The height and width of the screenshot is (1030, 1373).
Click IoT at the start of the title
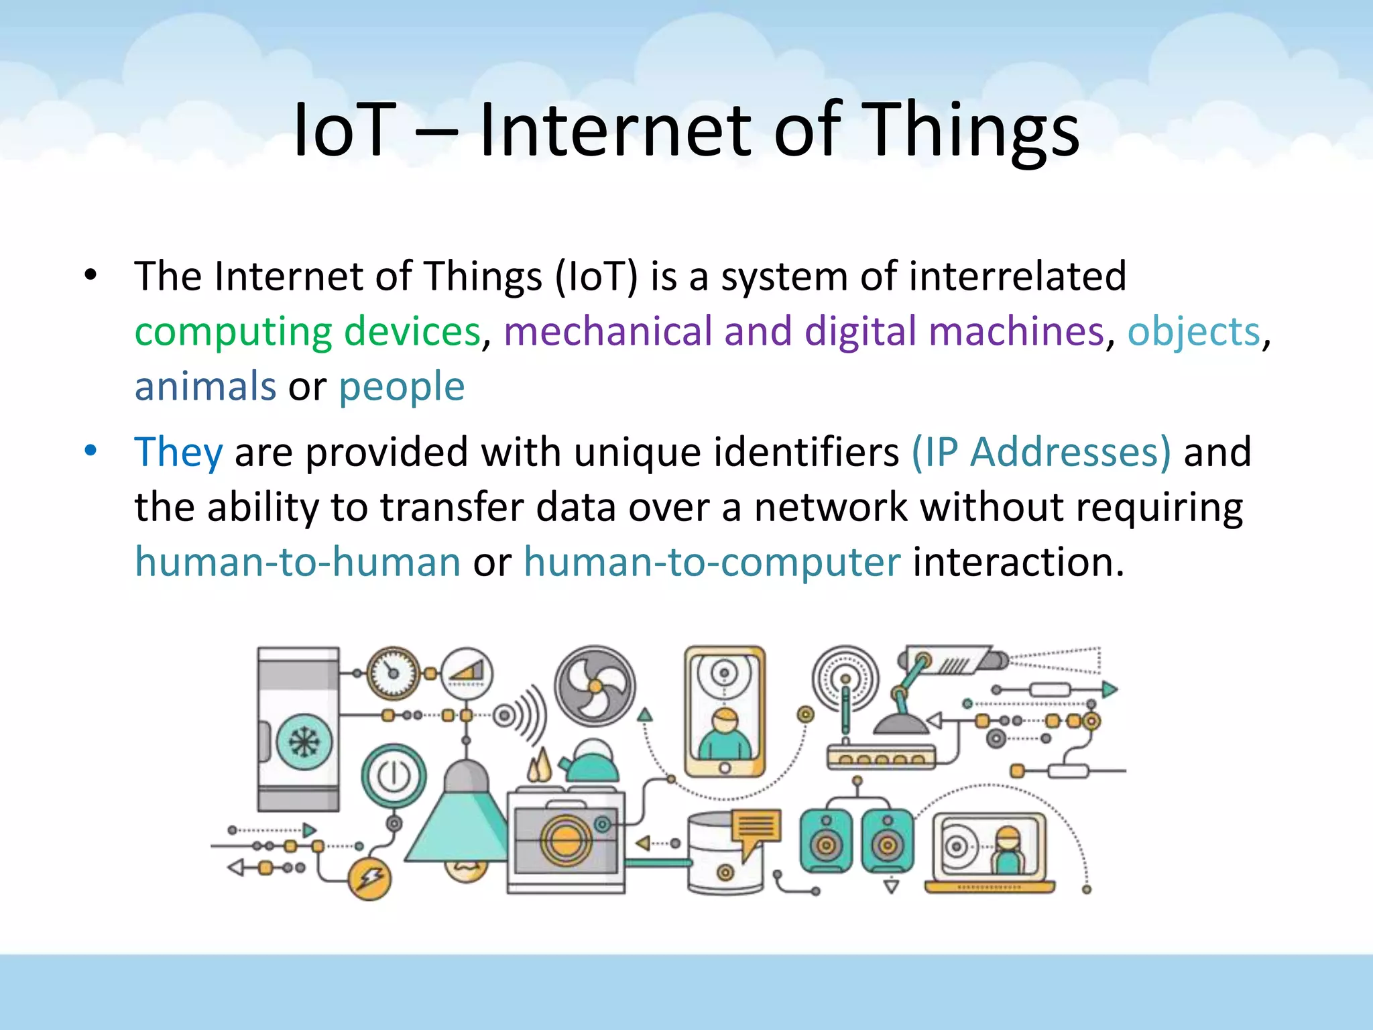coord(343,131)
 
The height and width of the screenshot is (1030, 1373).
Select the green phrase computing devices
coord(308,331)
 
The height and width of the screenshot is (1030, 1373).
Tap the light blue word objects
coord(1193,331)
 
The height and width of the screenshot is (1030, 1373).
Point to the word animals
coord(205,386)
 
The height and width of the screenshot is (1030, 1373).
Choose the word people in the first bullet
coord(401,386)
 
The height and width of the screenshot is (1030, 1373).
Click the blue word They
coord(178,452)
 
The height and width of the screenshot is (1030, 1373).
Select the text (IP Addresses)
coord(1041,452)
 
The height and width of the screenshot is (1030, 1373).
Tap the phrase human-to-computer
coord(712,562)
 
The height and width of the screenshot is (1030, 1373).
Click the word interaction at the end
coord(1018,562)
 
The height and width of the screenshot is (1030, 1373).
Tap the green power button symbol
coord(394,776)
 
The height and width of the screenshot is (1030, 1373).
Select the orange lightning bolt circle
coord(370,878)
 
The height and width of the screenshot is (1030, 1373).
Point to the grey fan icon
coord(595,685)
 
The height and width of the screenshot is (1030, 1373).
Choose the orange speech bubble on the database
coord(756,832)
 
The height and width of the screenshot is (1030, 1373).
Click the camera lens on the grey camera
coord(565,839)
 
